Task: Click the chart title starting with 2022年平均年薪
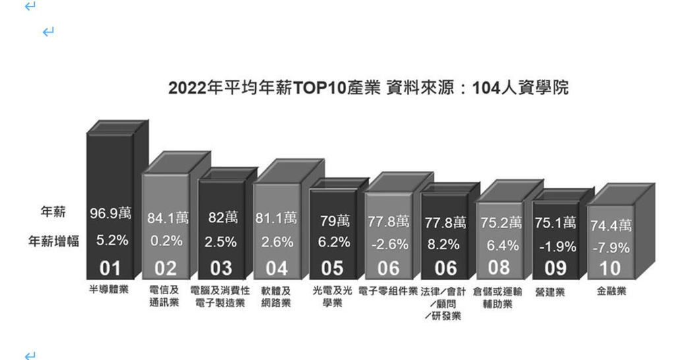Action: coord(368,88)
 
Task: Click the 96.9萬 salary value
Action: coord(111,214)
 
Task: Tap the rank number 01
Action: coord(110,268)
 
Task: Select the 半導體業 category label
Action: coord(108,290)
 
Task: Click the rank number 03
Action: coord(221,268)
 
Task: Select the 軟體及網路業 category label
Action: coord(276,297)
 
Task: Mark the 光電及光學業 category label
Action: coord(332,297)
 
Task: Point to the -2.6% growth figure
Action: coord(388,244)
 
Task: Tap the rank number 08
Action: coord(499,267)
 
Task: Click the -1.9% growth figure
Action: coord(556,247)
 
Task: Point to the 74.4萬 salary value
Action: coord(611,226)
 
